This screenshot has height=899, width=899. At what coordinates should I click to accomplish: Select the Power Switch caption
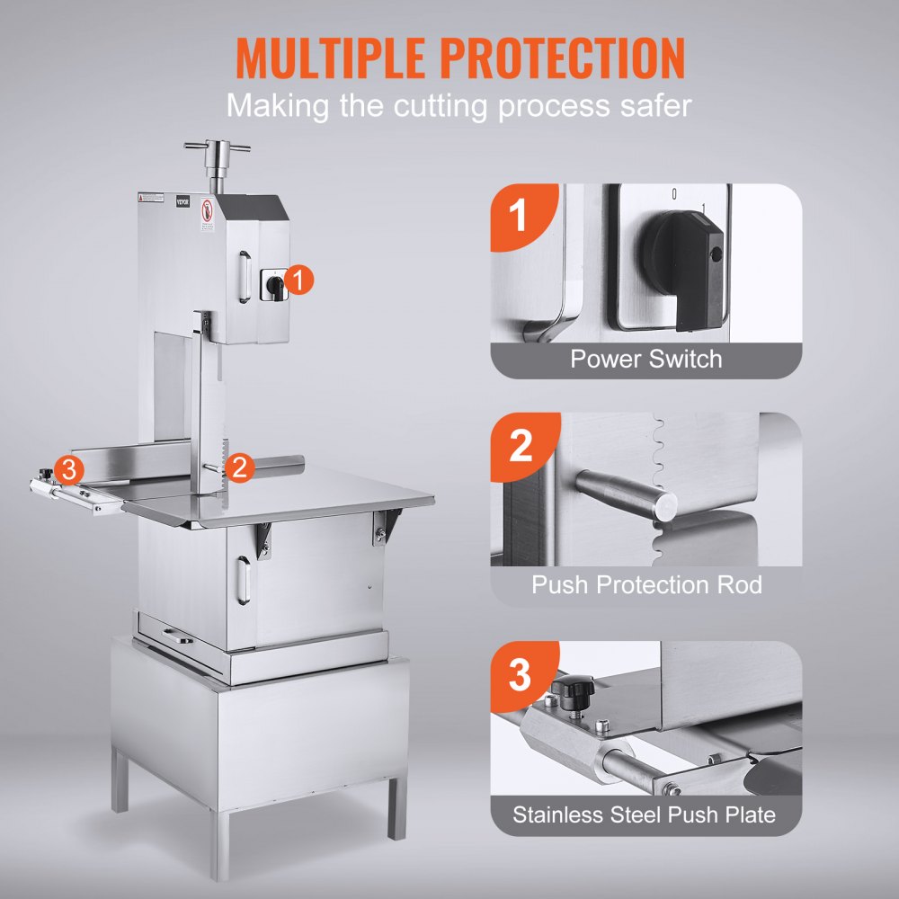pos(645,360)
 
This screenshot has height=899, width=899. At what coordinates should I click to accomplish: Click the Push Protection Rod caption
pos(646,585)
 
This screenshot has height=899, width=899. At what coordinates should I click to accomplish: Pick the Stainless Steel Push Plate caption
pos(644,816)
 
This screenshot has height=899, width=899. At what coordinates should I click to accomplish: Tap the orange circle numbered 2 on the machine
pos(239,466)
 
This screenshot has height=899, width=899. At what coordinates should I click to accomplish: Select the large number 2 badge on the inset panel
pos(521,446)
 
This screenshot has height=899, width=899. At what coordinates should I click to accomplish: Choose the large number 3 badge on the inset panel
pos(520,675)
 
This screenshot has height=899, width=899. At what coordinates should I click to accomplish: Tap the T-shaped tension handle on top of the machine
pos(217,147)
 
